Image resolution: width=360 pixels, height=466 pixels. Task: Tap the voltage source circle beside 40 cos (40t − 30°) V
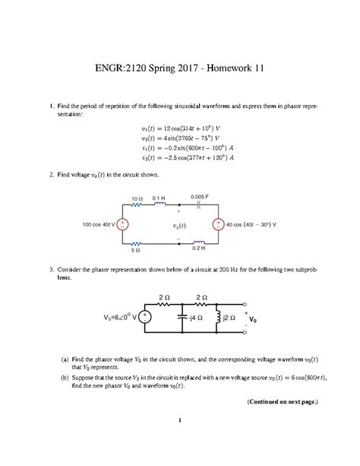point(219,225)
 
